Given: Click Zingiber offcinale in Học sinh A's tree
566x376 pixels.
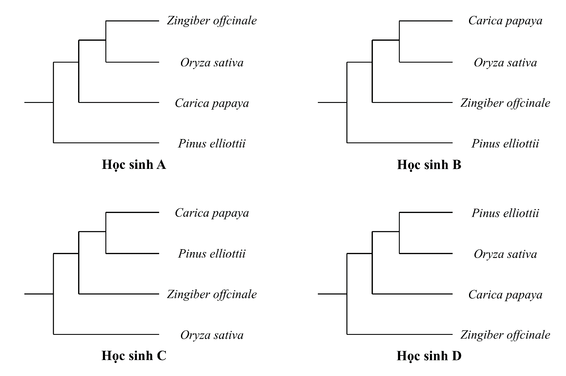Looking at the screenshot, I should (x=212, y=21).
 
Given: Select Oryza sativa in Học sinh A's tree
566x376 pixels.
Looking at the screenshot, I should (x=212, y=63).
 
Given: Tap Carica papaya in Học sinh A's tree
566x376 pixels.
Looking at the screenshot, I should (x=212, y=103).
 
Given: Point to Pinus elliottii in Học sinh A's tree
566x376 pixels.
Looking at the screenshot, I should (x=212, y=144).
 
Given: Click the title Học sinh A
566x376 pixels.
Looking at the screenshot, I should (x=134, y=165).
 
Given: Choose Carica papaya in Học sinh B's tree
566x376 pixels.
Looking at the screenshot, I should (x=505, y=21).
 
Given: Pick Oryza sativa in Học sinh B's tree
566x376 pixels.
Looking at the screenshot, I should (x=505, y=63).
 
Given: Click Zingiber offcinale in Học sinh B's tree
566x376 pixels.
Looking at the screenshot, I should (x=505, y=103).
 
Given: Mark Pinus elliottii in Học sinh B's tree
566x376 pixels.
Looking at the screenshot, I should (x=505, y=144).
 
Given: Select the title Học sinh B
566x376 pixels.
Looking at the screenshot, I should (x=429, y=165).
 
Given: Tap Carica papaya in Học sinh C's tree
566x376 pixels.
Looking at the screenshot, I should (x=212, y=213).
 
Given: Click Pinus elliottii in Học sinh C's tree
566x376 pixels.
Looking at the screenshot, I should (x=212, y=254).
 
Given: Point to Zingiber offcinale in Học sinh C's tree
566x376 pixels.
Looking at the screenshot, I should (x=212, y=294).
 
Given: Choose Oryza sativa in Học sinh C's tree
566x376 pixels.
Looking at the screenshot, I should (x=212, y=335).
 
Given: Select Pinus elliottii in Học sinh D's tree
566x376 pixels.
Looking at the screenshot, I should (x=505, y=213).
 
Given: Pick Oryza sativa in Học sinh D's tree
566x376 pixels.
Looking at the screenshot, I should (x=505, y=254).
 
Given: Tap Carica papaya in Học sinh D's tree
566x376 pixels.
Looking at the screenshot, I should (x=505, y=295).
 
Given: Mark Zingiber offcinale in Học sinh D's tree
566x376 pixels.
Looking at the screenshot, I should (x=505, y=335).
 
